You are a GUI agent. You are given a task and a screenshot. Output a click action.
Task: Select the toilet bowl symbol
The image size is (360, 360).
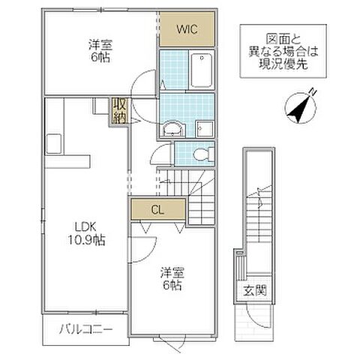tap(200, 154)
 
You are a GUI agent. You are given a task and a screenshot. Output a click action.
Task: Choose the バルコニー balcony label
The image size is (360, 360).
tap(87, 329)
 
